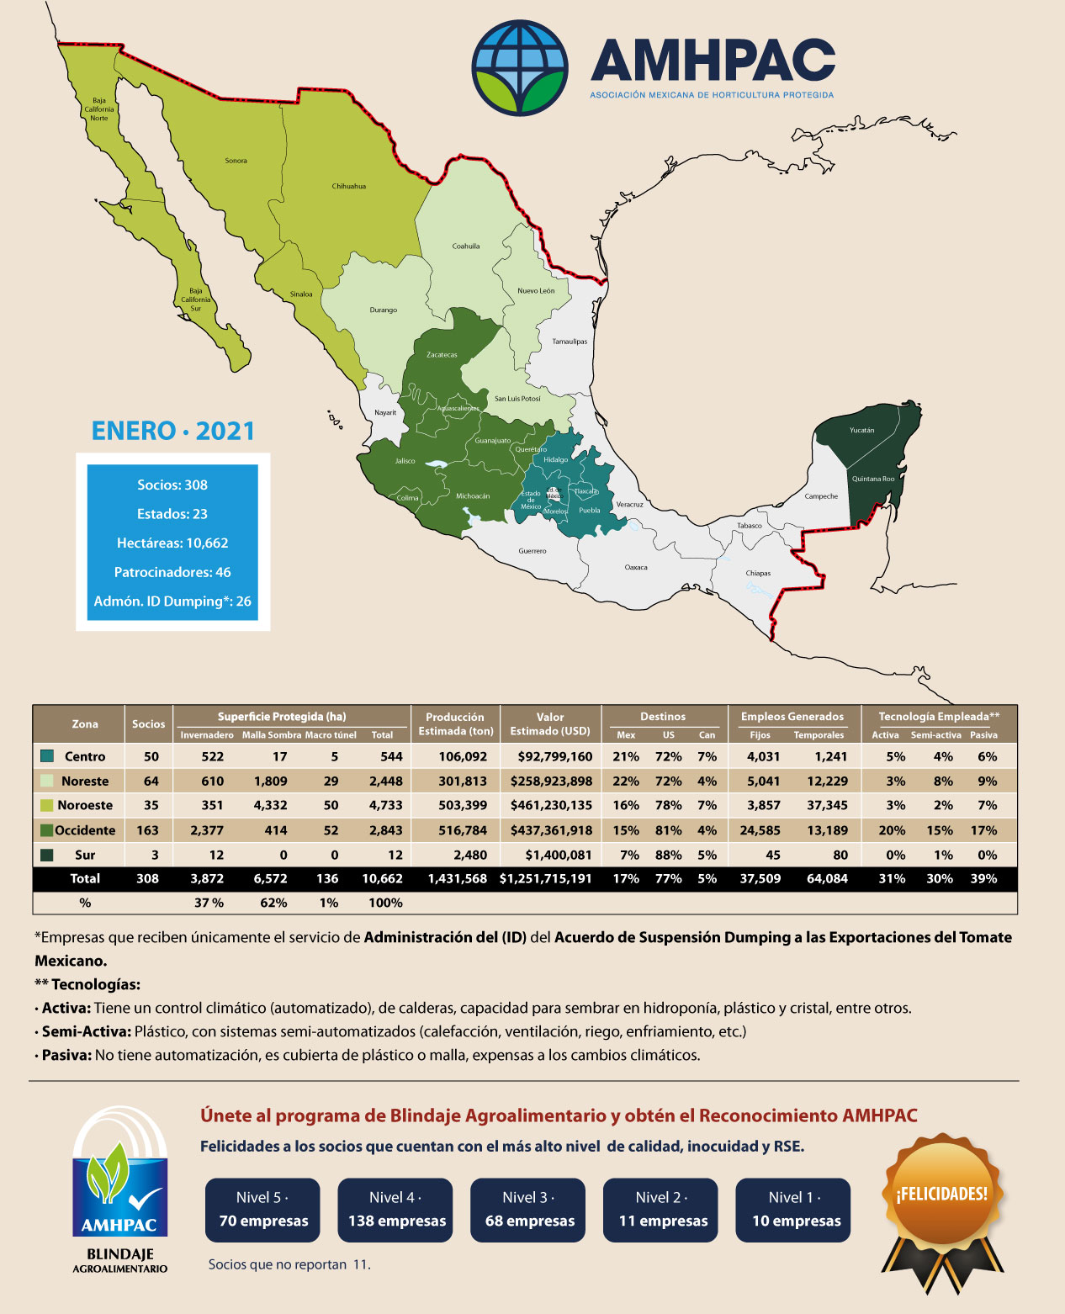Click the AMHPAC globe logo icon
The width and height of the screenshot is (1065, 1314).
click(519, 68)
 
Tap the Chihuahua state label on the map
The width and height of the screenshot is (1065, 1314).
click(348, 186)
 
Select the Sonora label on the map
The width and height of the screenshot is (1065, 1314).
click(236, 161)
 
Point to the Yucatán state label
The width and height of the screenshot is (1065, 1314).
click(861, 430)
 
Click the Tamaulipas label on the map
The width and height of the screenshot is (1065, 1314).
click(570, 342)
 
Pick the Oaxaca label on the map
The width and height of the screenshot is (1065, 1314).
click(636, 567)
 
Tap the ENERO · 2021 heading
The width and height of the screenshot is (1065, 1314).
click(172, 431)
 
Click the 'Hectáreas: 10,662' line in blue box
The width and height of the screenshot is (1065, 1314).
click(172, 543)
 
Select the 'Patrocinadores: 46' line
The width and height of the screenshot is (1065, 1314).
click(172, 572)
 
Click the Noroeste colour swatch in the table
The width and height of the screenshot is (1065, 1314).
click(47, 805)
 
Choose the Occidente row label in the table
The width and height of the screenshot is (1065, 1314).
click(85, 830)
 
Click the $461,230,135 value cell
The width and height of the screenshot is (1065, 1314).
click(551, 805)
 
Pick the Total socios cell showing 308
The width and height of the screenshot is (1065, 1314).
click(147, 878)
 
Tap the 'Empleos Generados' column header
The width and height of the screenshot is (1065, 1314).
click(792, 717)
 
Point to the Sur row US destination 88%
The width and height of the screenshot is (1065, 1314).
click(668, 855)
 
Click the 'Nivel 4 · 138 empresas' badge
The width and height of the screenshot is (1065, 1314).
click(395, 1210)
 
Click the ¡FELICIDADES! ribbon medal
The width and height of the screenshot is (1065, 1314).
click(942, 1203)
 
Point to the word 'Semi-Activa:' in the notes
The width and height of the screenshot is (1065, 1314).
click(86, 1031)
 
